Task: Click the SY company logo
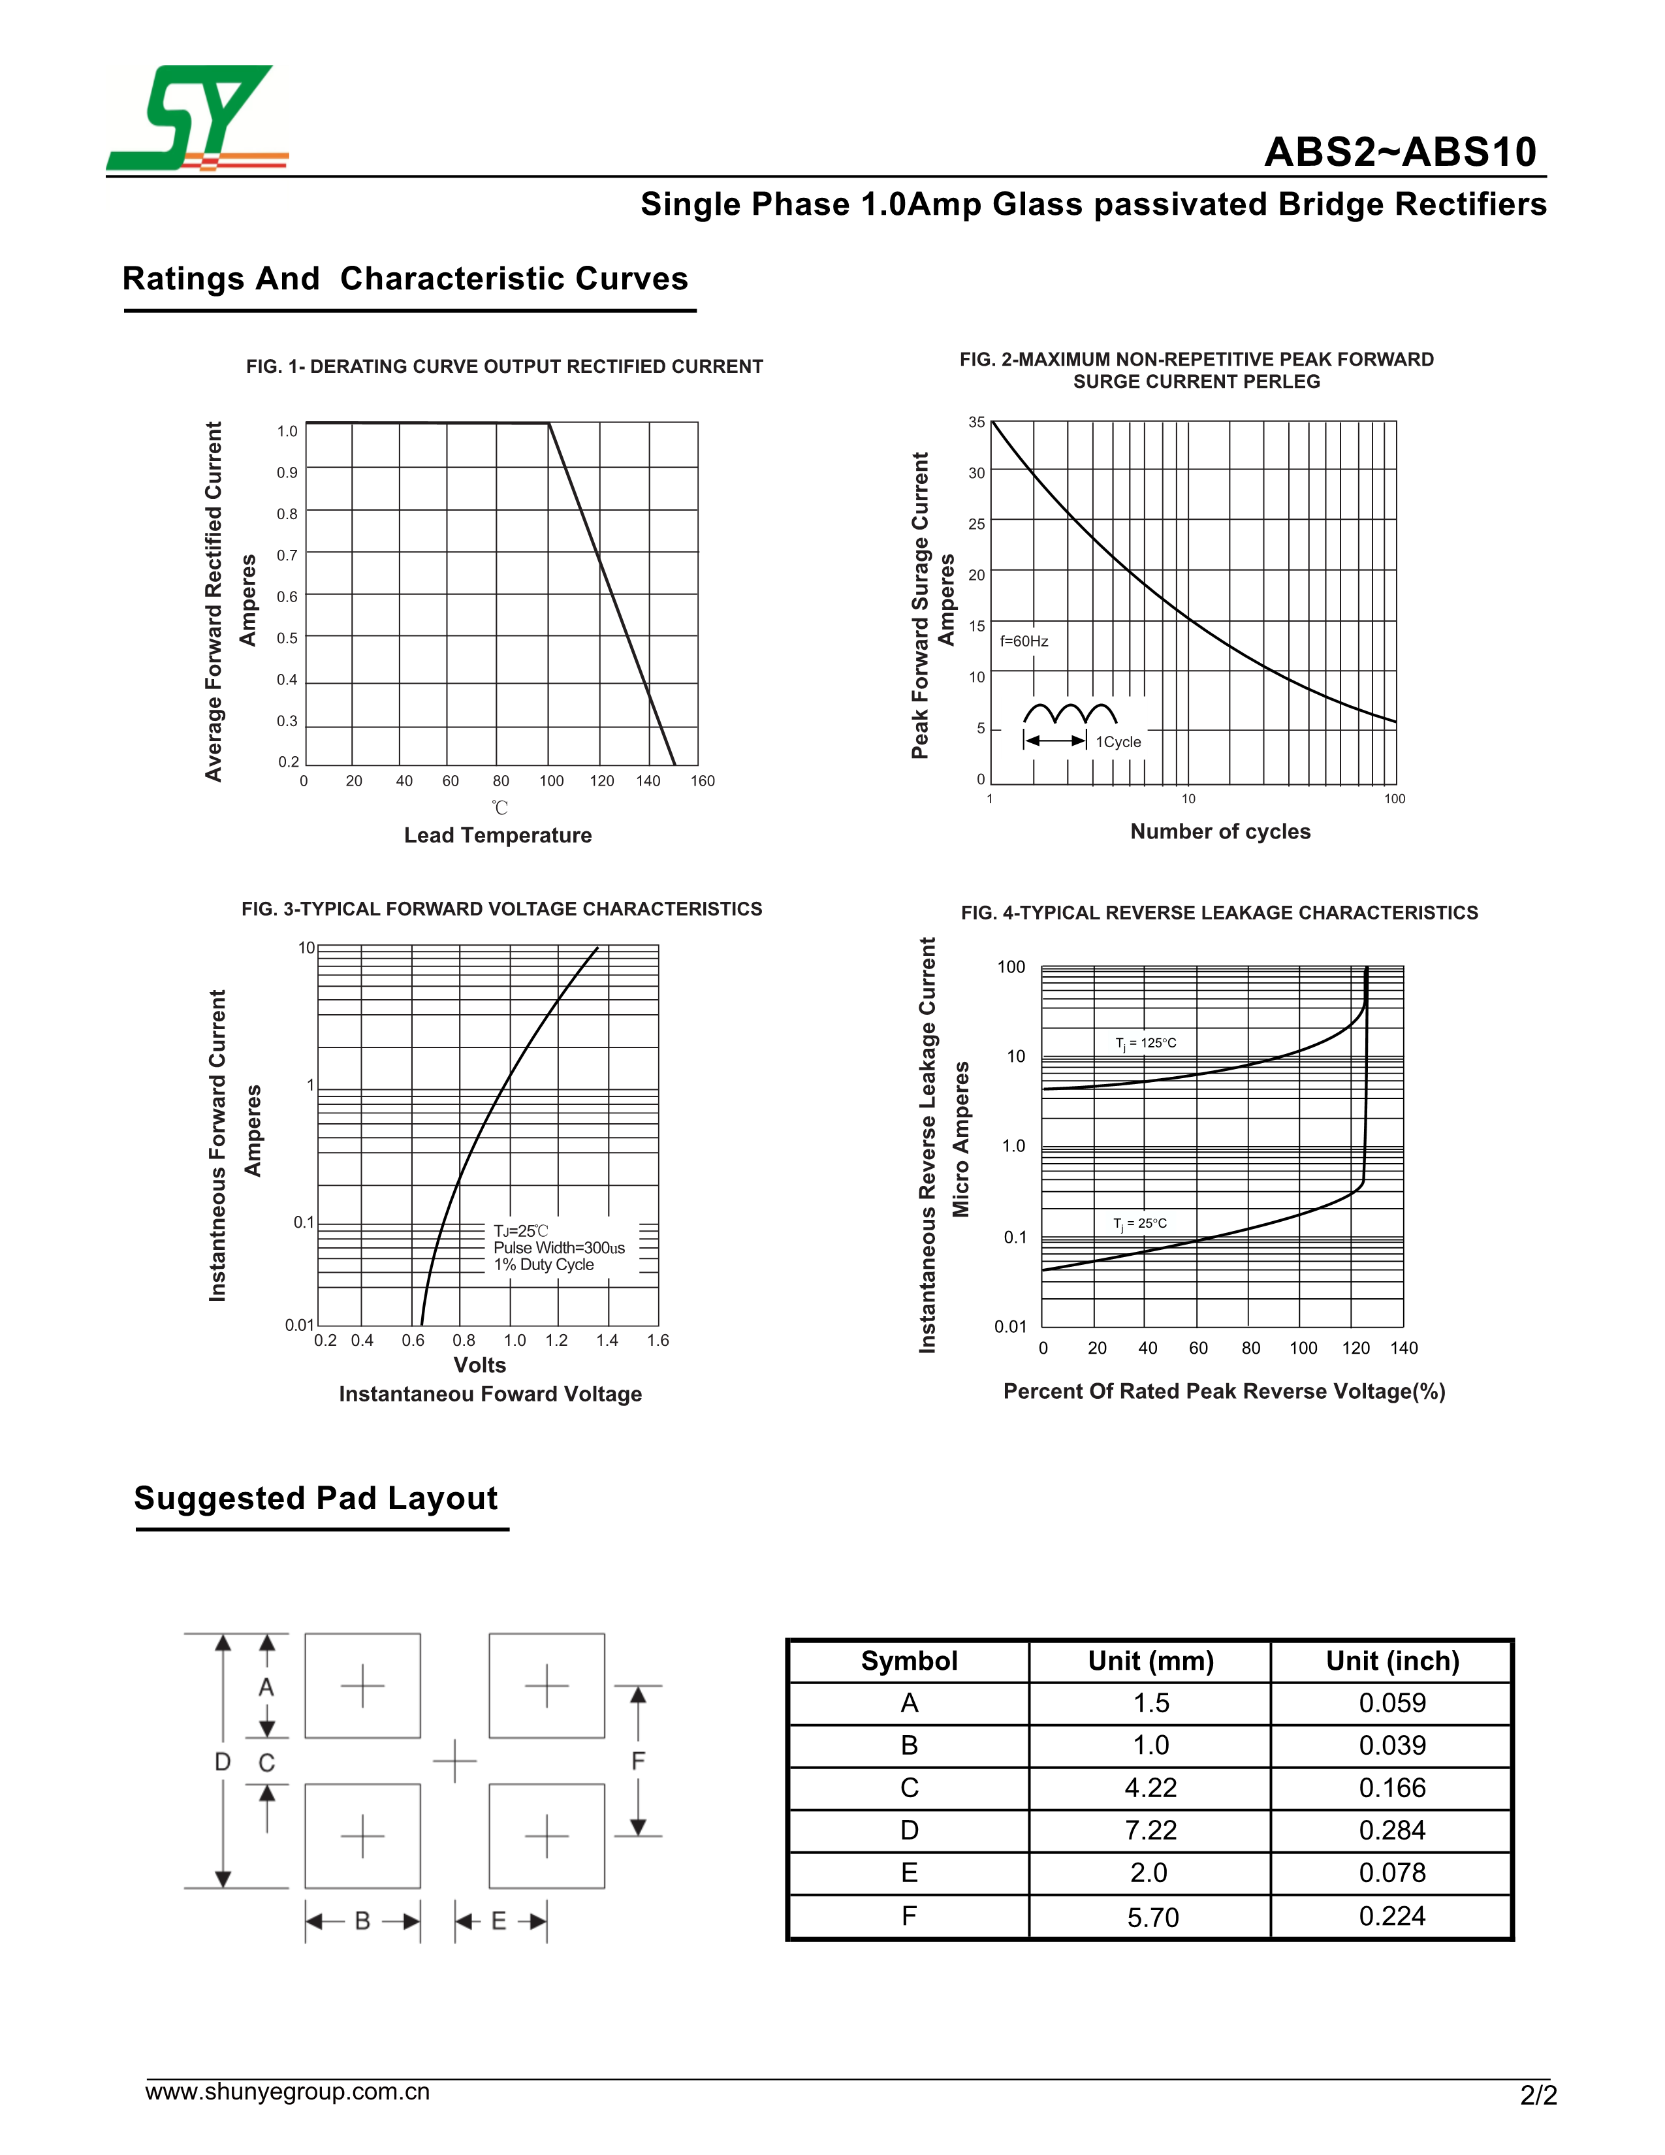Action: [197, 118]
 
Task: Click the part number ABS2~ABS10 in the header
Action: [1400, 152]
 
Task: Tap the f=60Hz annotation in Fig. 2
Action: [1024, 641]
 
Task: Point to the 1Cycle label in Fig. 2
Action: [1118, 742]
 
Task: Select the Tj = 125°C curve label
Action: [1145, 1043]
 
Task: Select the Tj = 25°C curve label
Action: [1139, 1224]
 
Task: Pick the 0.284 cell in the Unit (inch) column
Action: [1392, 1830]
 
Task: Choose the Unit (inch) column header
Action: [1392, 1661]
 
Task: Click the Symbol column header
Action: [908, 1661]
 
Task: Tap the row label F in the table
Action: [908, 1915]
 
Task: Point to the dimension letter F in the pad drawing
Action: [638, 1761]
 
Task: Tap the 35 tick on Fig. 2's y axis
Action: [977, 423]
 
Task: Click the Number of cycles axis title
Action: [1220, 832]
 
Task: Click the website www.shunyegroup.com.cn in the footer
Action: [287, 2092]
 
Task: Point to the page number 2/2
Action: [1538, 2096]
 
